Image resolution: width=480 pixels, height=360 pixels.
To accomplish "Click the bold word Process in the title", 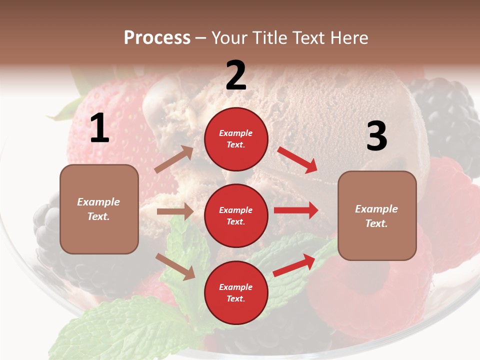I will coord(157,38).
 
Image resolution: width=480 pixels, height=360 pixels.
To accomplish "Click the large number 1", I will coord(99,129).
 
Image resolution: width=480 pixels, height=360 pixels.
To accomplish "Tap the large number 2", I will coord(236,75).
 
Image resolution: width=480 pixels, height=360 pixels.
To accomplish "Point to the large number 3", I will coord(376,136).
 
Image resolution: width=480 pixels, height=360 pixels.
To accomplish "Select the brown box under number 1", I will coord(99,209).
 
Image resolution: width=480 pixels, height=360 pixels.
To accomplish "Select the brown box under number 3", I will coord(377,215).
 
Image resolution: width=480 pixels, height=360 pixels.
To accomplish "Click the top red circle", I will coord(236,139).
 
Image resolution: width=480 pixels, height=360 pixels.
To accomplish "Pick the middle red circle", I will coord(236,215).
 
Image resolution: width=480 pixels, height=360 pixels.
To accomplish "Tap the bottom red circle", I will coord(236,292).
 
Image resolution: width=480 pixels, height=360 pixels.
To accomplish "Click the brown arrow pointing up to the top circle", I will coord(174,159).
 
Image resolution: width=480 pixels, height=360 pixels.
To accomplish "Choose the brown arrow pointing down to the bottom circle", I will coord(175,266).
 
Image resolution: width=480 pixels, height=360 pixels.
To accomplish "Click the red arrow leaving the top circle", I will coord(297,159).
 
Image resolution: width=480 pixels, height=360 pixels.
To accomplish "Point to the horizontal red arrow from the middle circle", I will coord(296,210).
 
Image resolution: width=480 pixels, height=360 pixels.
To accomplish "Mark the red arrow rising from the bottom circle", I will coord(294,265).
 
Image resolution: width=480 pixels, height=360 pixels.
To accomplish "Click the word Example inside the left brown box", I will coord(98,202).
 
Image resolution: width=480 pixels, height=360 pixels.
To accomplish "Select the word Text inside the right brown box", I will coord(376,223).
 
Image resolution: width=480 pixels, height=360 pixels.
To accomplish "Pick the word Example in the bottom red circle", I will coord(236,287).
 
